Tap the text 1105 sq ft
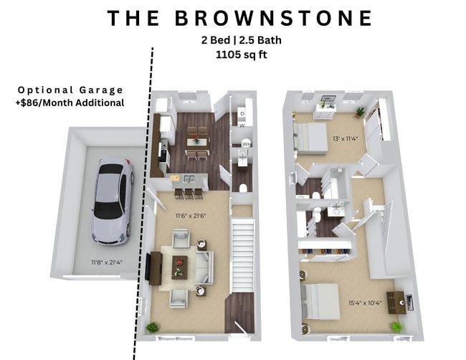click(x=233, y=55)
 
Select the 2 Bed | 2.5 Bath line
click(x=233, y=40)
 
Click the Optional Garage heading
click(x=70, y=90)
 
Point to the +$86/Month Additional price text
click(x=70, y=103)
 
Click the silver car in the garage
click(x=113, y=200)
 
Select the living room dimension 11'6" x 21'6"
click(x=191, y=214)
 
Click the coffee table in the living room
click(x=179, y=265)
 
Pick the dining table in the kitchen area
click(x=196, y=141)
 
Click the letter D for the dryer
click(x=242, y=113)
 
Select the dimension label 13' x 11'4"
click(x=344, y=138)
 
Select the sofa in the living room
click(x=203, y=266)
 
